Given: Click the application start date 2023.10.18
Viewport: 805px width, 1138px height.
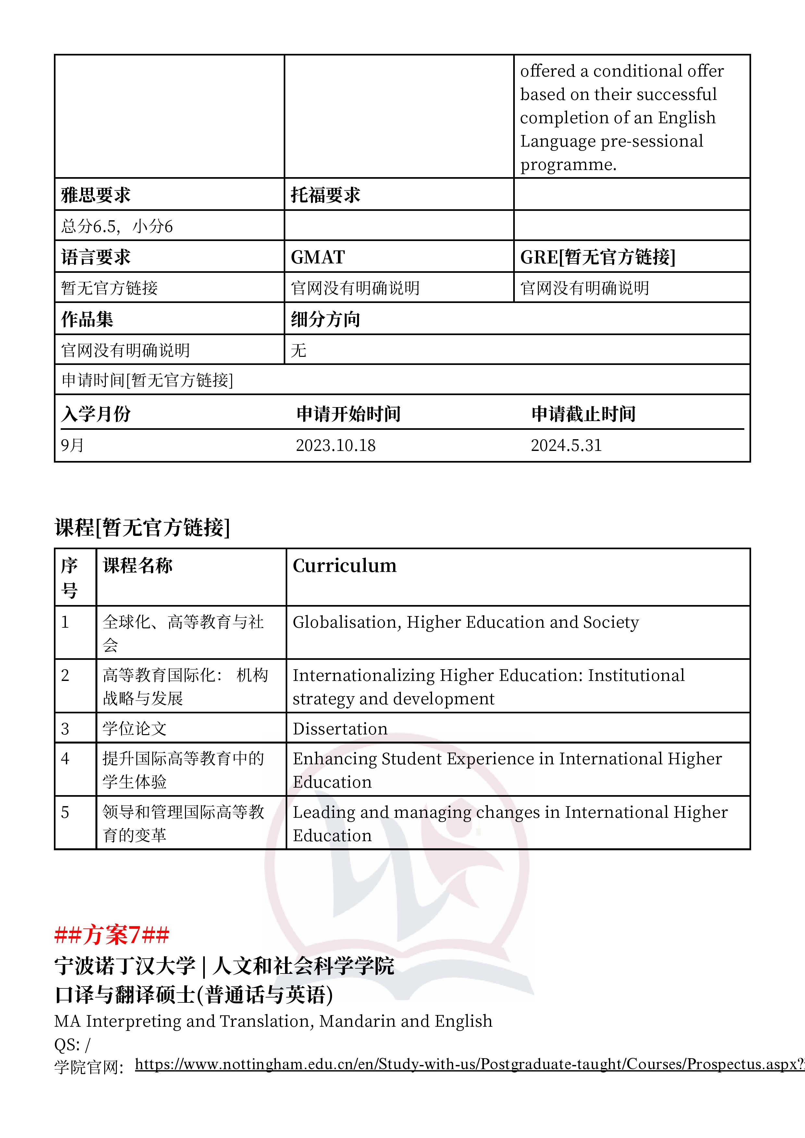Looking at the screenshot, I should pyautogui.click(x=335, y=445).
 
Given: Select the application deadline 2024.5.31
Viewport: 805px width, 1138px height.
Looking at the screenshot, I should pyautogui.click(x=566, y=445).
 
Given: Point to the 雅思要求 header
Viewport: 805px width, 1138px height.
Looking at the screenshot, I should pyautogui.click(x=96, y=195).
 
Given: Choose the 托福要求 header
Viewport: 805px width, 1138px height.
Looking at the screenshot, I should pyautogui.click(x=325, y=195).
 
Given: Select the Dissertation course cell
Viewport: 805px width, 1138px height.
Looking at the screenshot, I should pyautogui.click(x=340, y=729).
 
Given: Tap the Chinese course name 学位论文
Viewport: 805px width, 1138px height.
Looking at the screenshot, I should pyautogui.click(x=134, y=729).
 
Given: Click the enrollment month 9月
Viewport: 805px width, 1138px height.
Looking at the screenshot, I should pyautogui.click(x=72, y=445).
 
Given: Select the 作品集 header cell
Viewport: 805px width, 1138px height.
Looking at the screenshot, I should pyautogui.click(x=87, y=319).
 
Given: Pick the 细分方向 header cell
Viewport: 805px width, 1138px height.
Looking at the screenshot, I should pyautogui.click(x=325, y=319).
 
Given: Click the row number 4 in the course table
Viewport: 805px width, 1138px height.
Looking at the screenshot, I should pyautogui.click(x=65, y=758).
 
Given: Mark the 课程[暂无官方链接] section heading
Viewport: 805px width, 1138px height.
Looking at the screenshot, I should pyautogui.click(x=142, y=527).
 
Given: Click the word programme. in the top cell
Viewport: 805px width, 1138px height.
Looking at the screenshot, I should pyautogui.click(x=568, y=164).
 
